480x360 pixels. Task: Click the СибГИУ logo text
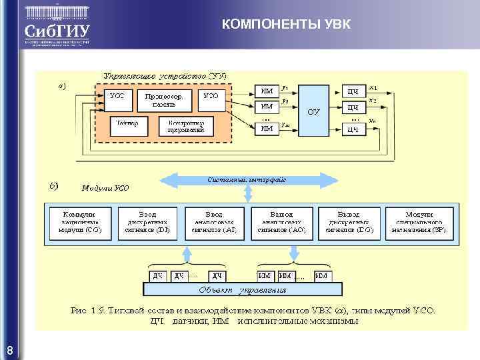[x=56, y=31]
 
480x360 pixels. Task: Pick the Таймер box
[x=127, y=125]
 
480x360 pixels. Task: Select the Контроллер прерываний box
[x=186, y=125]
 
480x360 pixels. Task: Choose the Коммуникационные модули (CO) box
[x=79, y=223]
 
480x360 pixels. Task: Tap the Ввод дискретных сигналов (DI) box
[x=147, y=223]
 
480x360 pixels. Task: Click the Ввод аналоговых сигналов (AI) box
[x=214, y=223]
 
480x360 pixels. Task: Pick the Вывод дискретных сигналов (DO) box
[x=349, y=223]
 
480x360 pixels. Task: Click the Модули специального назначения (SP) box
[x=419, y=223]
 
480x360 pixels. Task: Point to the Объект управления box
[x=243, y=289]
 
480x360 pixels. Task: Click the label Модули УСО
[x=105, y=189]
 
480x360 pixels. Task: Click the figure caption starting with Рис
[x=253, y=315]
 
